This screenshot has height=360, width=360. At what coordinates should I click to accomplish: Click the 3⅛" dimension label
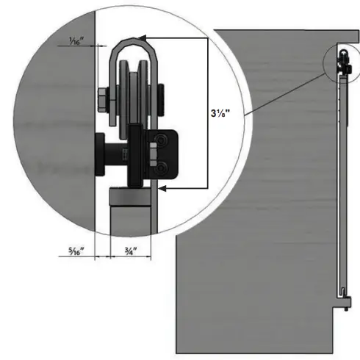coord(223,113)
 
